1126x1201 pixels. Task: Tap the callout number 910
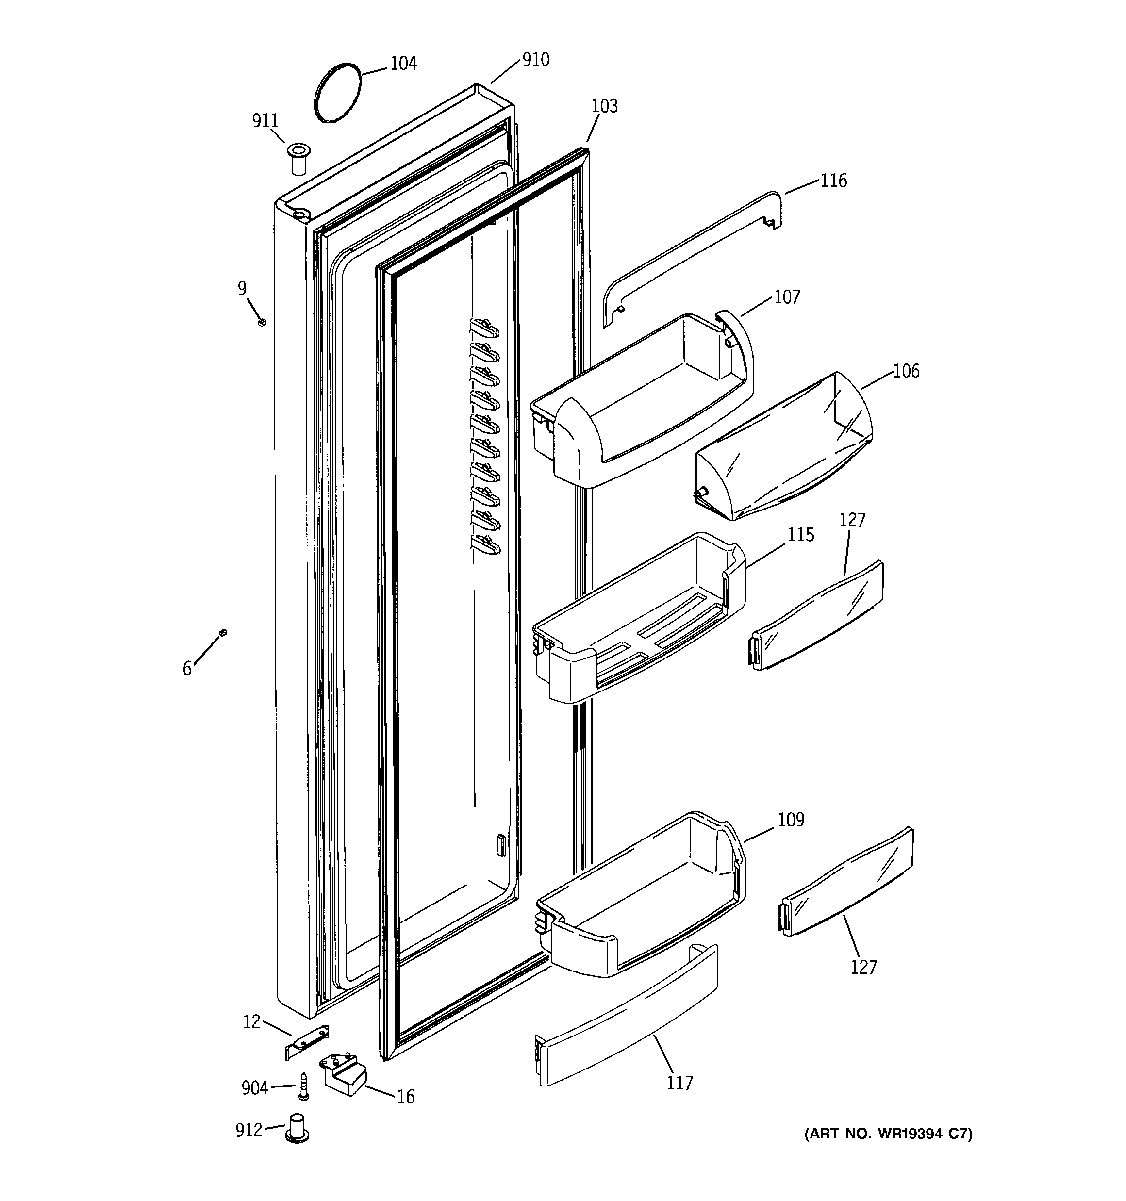click(x=535, y=60)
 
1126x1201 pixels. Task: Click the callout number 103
click(x=604, y=106)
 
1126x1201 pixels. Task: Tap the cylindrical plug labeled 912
click(x=296, y=1129)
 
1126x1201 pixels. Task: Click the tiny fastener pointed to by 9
click(x=262, y=323)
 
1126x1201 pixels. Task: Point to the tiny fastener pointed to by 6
click(x=223, y=632)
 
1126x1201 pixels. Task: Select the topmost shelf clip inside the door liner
click(x=484, y=328)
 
